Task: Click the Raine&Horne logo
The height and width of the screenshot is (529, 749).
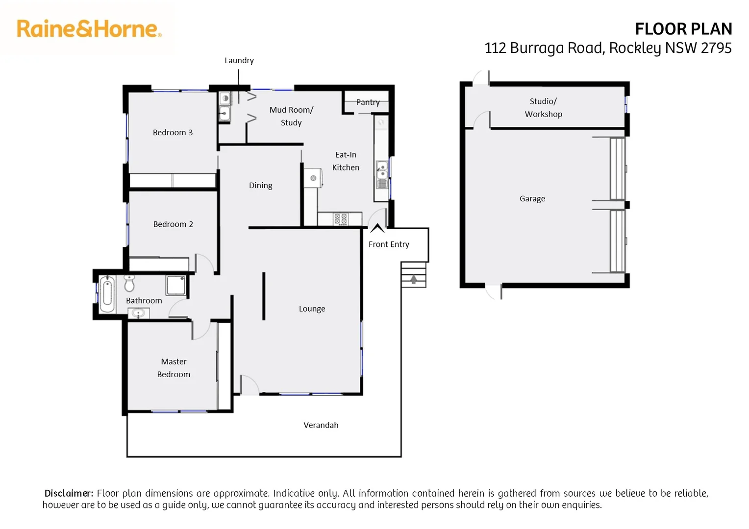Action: (89, 29)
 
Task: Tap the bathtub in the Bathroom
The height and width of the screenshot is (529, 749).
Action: (107, 294)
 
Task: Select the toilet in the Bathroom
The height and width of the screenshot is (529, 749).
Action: (129, 283)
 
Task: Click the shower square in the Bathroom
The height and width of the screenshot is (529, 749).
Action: (175, 286)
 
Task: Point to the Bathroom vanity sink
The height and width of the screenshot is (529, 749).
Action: (138, 313)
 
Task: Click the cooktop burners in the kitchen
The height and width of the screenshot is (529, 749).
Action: (341, 219)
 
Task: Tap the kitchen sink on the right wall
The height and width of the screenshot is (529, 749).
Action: (382, 170)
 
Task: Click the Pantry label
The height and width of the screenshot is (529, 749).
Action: (368, 102)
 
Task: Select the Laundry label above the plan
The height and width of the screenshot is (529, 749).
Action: (239, 60)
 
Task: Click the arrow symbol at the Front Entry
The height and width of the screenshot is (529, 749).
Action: (377, 228)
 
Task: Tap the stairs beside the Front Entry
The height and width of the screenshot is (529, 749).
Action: (414, 275)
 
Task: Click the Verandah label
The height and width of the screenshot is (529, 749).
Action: (321, 425)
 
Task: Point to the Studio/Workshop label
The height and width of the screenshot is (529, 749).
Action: (543, 108)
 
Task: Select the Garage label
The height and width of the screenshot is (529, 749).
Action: (532, 198)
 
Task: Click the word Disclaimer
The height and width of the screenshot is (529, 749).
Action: (69, 493)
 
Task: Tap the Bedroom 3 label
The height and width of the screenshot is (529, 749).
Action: (173, 132)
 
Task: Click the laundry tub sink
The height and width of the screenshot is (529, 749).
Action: (225, 114)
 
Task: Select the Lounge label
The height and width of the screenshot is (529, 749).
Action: (312, 309)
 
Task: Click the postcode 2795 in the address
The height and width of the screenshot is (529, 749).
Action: (716, 48)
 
